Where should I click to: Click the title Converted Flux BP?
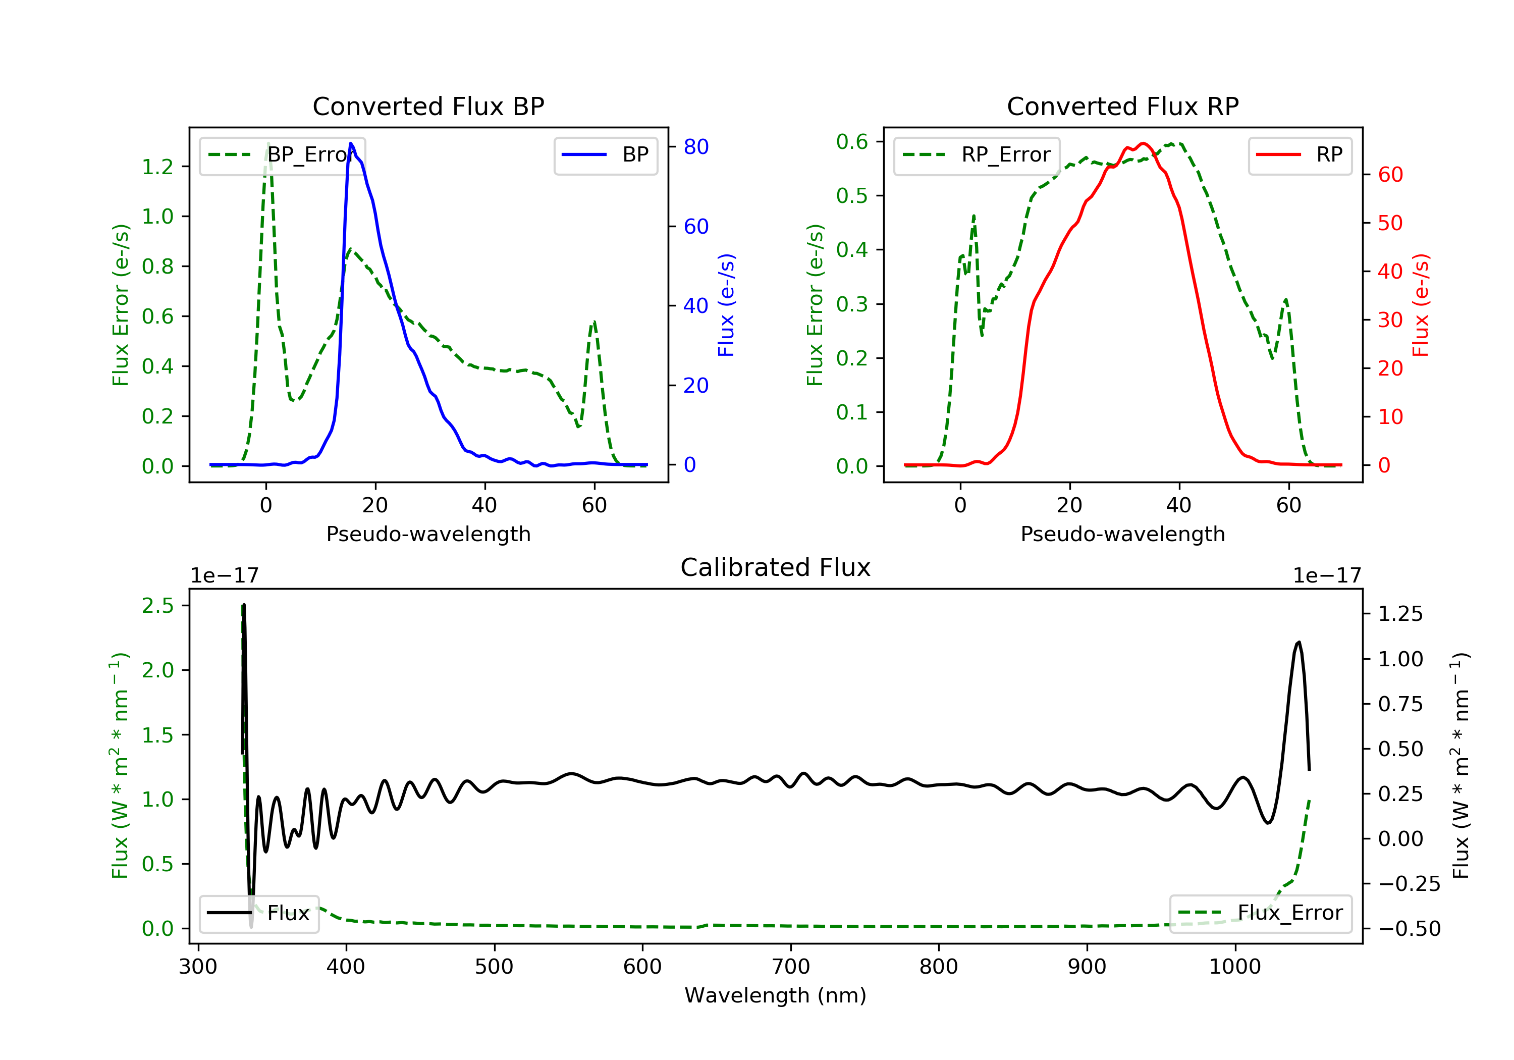coord(428,106)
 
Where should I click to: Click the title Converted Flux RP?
coord(1122,106)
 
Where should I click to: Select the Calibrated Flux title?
coord(776,567)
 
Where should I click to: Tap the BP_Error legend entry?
coord(282,155)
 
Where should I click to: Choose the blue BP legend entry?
coord(605,155)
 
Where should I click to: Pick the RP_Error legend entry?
coord(977,155)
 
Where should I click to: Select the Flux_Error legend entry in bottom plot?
coord(1260,913)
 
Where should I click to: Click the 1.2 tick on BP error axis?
coord(157,167)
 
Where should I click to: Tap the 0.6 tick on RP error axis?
coord(852,141)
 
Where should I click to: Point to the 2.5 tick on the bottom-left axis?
coord(157,606)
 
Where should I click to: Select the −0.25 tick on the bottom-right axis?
coord(1409,884)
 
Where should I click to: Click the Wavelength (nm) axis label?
coord(776,995)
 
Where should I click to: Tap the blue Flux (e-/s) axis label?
coord(726,305)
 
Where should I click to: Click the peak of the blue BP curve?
coord(351,143)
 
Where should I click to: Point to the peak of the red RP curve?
coord(1144,144)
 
